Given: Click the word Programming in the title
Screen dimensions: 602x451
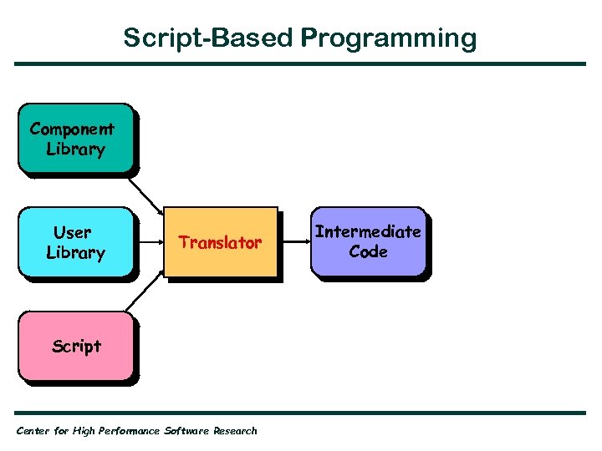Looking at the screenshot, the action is pos(389,38).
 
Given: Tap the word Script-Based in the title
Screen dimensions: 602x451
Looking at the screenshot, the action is pos(208,38).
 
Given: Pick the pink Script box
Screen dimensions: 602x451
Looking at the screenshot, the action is pos(75,346).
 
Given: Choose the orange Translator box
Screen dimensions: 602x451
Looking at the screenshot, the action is pos(221,241).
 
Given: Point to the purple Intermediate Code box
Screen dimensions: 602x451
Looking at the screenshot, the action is pos(368,241).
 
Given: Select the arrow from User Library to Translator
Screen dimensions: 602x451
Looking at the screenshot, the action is pos(149,242).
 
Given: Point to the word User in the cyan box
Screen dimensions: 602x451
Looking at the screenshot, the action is pos(73,231).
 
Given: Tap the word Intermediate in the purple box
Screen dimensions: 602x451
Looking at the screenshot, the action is pos(368,231).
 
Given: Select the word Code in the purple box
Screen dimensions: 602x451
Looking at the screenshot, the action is pos(368,251).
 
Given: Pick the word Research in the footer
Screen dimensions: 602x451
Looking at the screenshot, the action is pos(235,431).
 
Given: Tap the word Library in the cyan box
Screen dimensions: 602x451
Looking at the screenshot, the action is pos(75,252).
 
